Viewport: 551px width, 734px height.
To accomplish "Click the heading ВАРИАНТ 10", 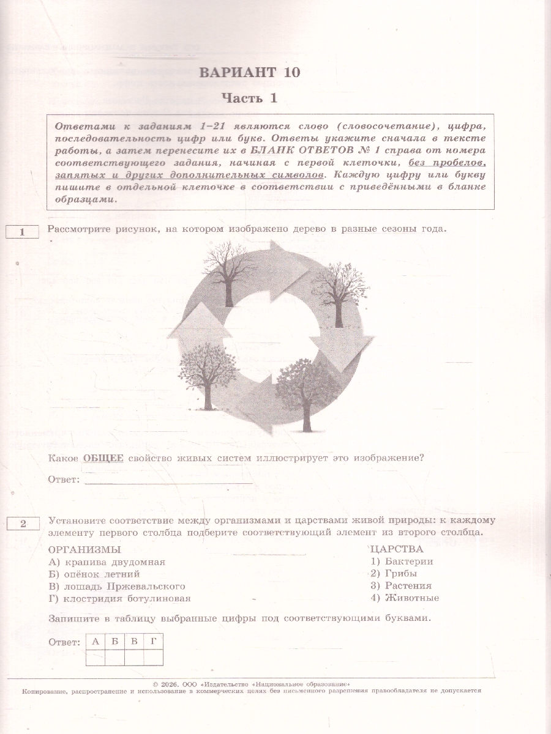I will pos(249,72).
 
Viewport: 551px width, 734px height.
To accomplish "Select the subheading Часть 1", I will pos(249,98).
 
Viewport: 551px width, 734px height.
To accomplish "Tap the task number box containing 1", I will pos(21,232).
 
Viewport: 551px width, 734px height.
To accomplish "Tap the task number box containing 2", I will pos(21,523).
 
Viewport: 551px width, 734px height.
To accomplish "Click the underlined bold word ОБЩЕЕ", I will pos(103,458).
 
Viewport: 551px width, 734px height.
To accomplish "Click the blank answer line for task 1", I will pos(168,480).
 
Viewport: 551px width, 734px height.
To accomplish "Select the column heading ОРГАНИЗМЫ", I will pos(84,549).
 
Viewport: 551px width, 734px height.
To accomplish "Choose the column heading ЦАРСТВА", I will pos(397,549).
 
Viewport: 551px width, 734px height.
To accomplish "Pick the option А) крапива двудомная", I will pos(107,562).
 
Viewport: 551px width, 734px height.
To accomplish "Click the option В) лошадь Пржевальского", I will pos(116,586).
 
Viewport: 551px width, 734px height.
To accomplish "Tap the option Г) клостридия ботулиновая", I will pos(119,599).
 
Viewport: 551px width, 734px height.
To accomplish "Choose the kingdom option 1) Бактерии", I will pos(402,562).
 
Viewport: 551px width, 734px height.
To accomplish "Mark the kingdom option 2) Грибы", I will pos(394,574).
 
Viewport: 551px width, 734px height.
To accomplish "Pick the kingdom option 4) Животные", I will pos(405,598).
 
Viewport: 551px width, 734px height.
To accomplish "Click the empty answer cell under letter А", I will pos(96,658).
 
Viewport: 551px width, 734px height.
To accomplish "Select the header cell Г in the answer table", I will pos(153,641).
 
